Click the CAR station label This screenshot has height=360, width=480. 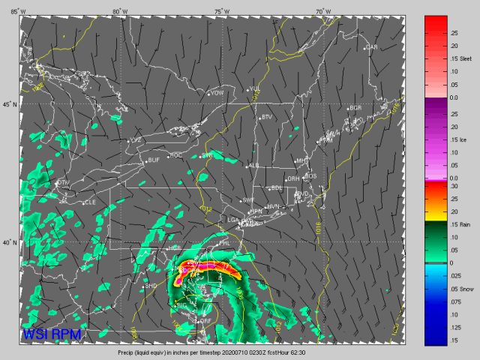click(371, 47)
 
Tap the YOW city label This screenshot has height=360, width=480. click(217, 93)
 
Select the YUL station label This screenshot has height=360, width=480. click(255, 89)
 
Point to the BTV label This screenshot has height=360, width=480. click(267, 117)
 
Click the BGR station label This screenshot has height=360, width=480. click(355, 108)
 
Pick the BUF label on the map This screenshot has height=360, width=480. click(154, 160)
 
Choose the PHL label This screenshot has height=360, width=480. click(223, 244)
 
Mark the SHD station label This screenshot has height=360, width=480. click(151, 286)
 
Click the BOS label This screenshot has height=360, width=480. click(310, 176)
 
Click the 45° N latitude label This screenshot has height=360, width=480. click(9, 104)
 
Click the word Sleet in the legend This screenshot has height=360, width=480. click(466, 58)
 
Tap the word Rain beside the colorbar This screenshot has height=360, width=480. click(466, 223)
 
